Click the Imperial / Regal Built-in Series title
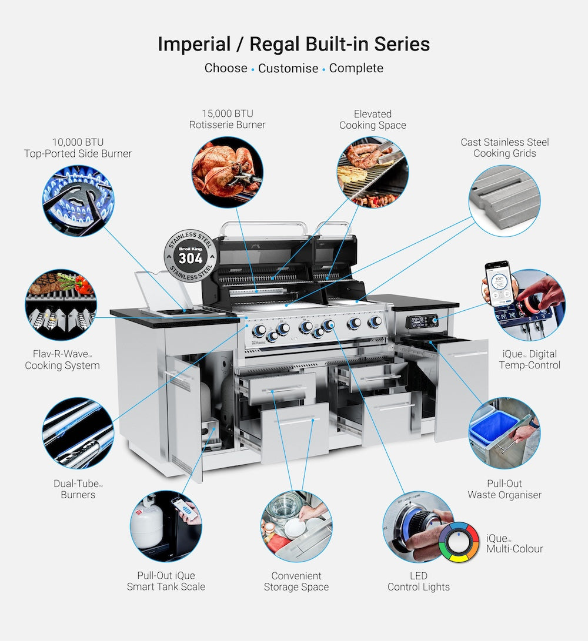click(293, 44)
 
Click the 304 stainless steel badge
click(190, 256)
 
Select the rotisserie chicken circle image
click(228, 172)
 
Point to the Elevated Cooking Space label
click(372, 119)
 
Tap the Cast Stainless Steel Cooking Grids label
click(505, 147)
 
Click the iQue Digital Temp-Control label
click(529, 360)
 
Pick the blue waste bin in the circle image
click(494, 427)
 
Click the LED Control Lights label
click(419, 581)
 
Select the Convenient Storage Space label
click(296, 581)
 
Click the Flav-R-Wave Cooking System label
click(62, 360)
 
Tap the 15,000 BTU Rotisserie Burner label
click(227, 119)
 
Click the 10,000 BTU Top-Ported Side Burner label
click(78, 147)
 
